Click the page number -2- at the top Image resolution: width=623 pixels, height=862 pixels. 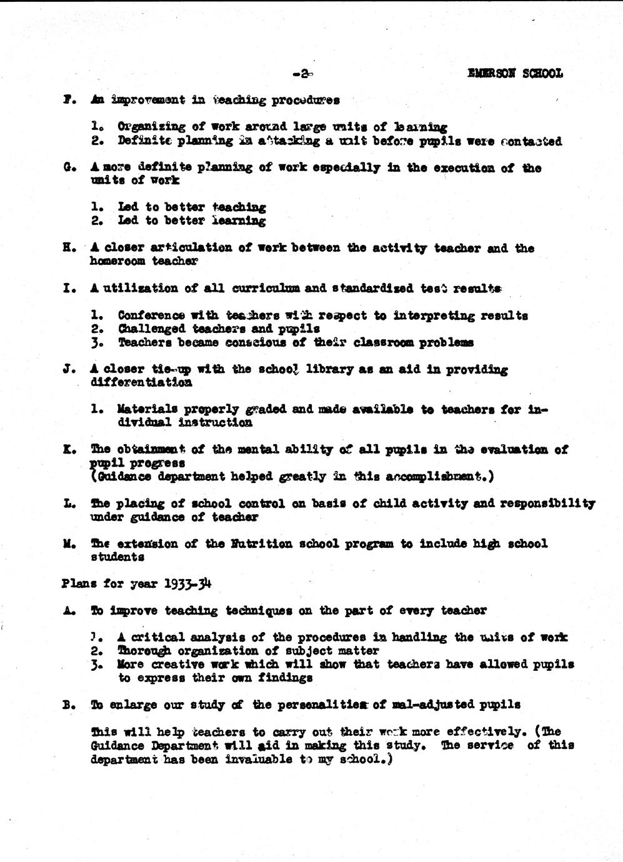pos(302,74)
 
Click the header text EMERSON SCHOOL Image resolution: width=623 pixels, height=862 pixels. pos(515,73)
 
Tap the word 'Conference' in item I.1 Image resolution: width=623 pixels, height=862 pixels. pos(151,315)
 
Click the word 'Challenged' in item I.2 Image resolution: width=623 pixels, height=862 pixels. pos(152,329)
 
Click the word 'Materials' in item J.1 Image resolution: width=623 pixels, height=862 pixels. pos(146,409)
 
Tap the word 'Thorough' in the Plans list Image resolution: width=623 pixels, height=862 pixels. pos(144,650)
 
